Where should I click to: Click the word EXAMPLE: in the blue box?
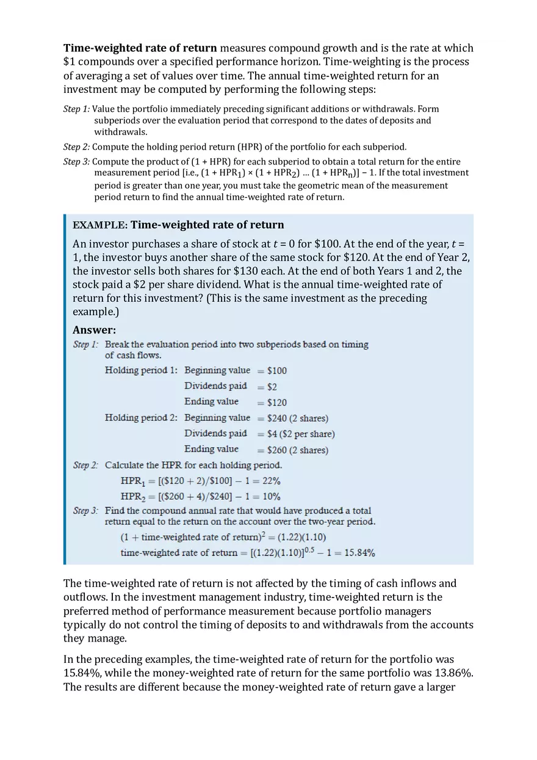pos(99,225)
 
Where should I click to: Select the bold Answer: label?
pos(94,330)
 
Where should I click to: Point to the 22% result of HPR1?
pos(270,481)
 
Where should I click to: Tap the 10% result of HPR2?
pos(270,497)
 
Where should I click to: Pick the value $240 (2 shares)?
pos(298,418)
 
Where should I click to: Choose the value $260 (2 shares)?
pos(298,450)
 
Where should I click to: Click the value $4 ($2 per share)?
pos(301,434)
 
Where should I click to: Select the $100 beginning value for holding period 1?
pos(277,371)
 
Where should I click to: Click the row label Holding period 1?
pos(141,370)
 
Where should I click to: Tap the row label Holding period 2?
pos(141,418)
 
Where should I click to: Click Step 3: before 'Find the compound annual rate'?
pos(85,511)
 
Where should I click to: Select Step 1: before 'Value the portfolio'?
pos(76,109)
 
